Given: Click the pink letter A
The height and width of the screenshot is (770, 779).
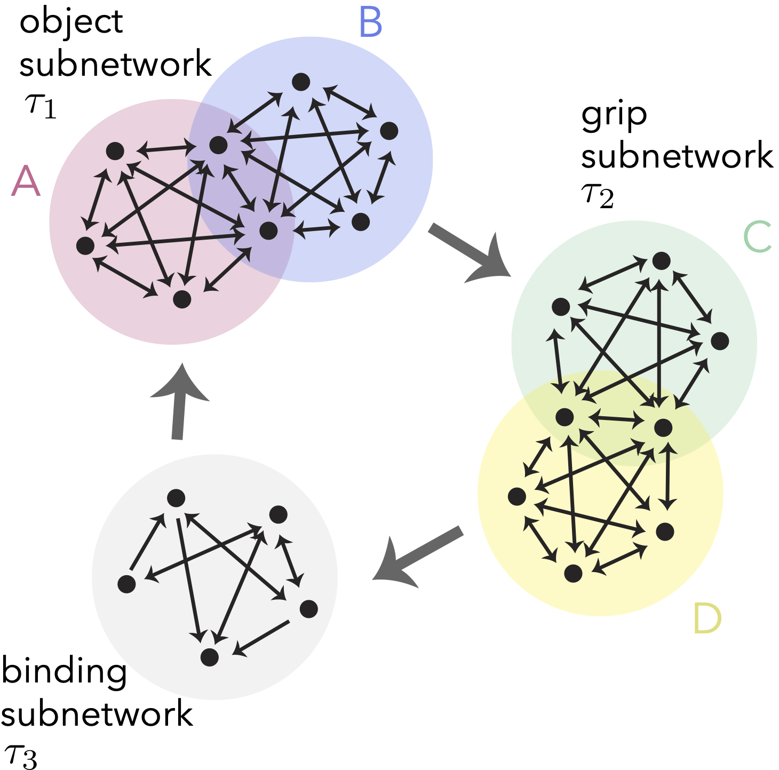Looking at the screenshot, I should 26,181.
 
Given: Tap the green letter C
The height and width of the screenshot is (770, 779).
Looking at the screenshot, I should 757,237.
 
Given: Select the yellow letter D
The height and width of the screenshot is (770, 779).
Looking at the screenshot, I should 707,618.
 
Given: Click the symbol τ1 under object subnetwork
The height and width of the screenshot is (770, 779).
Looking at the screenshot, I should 41,105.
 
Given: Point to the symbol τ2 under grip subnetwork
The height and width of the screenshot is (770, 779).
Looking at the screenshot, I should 597,195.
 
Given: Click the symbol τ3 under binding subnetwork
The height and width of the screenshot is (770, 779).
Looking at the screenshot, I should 20,757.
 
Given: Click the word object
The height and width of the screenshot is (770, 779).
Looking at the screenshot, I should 71,22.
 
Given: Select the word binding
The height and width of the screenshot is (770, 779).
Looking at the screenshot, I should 64,672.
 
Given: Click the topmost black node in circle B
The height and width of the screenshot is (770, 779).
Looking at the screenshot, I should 301,82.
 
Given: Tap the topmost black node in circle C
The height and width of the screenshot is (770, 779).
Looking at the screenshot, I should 661,261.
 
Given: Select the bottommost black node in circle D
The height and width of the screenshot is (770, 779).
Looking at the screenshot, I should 573,573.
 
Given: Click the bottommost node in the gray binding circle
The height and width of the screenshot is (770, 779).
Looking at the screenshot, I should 210,657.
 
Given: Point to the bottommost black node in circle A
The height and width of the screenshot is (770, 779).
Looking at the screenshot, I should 182,299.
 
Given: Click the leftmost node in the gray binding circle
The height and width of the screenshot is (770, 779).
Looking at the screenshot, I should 126,584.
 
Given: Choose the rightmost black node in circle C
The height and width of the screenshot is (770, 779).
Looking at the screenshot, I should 720,341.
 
